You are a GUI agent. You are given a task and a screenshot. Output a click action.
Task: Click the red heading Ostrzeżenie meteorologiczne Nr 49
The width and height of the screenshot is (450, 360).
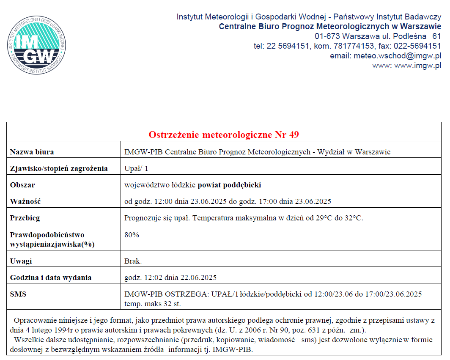(x=224, y=135)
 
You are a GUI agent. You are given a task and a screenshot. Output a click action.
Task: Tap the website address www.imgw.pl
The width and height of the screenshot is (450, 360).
(x=417, y=66)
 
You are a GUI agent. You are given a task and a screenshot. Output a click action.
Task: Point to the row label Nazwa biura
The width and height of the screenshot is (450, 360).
(x=32, y=152)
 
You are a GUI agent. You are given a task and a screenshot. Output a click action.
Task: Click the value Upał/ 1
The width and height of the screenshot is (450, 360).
(x=136, y=168)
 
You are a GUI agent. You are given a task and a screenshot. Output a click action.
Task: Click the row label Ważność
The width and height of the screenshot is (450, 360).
(x=25, y=201)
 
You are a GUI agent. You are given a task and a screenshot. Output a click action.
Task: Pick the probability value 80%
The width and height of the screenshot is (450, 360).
(x=132, y=235)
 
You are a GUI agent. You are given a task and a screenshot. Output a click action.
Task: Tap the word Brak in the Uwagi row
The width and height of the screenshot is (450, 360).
(x=133, y=261)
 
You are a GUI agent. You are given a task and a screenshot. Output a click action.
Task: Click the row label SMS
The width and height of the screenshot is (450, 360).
(x=18, y=294)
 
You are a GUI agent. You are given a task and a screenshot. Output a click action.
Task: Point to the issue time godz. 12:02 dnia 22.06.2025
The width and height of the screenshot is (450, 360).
(x=170, y=278)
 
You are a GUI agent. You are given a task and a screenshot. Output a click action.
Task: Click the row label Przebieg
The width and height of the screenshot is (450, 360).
(x=27, y=218)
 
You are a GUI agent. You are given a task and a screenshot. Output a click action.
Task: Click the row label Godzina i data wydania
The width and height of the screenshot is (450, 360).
(x=51, y=278)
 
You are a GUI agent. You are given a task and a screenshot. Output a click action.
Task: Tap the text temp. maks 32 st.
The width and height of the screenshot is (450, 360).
(x=153, y=304)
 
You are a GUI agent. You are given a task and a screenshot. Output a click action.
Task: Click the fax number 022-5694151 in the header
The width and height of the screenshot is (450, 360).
(x=417, y=46)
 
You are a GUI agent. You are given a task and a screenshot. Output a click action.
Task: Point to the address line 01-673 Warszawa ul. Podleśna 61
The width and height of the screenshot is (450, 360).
(x=378, y=36)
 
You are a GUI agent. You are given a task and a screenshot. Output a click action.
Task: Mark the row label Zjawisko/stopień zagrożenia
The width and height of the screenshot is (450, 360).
(x=59, y=168)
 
